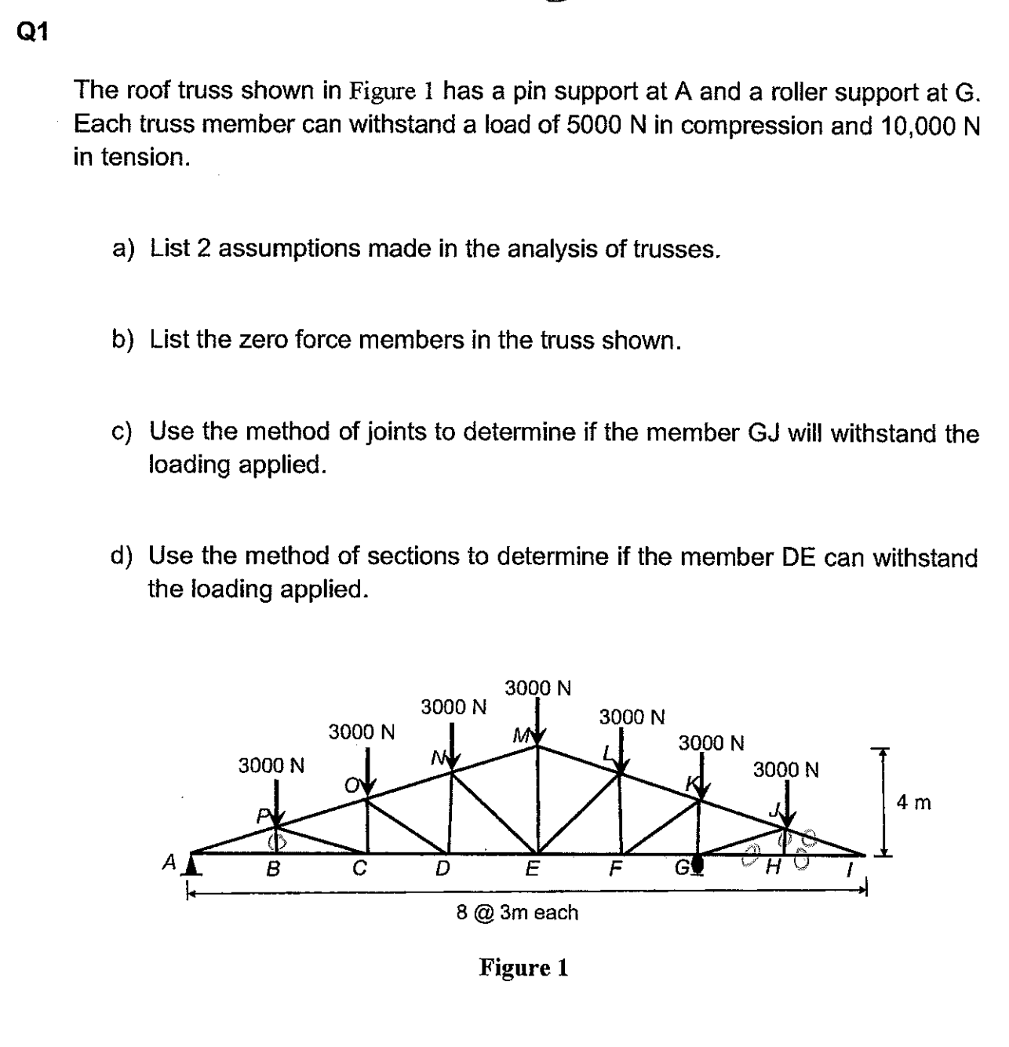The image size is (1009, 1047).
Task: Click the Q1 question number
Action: coord(32,32)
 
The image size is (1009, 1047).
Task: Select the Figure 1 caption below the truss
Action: coord(523,967)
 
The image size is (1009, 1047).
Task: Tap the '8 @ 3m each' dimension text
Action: coord(517,913)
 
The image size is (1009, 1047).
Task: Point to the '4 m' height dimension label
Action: coord(914,802)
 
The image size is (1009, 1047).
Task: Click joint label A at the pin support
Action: coord(168,863)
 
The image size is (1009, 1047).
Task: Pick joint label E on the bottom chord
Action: coord(532,869)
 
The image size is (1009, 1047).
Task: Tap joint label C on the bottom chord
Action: coord(359,869)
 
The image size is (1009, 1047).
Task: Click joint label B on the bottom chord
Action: coord(273,869)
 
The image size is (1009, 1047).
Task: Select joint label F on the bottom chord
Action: coord(616,869)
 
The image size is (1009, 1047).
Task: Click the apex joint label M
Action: coord(519,735)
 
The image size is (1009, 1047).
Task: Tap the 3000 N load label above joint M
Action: coord(537,688)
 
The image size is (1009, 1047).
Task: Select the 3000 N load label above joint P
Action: coord(271,764)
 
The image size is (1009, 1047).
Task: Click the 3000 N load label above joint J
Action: coord(786,769)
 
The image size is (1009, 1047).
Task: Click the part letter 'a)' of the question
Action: coord(123,249)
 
